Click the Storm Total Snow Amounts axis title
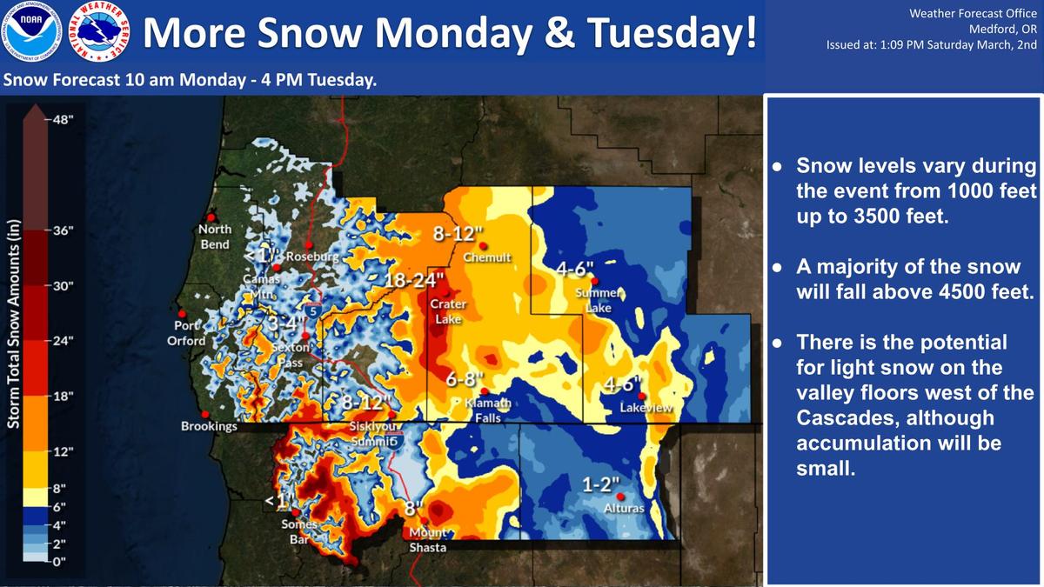[14, 324]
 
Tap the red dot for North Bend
[211, 217]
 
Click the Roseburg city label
[312, 257]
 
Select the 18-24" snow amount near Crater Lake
[414, 280]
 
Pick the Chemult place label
[487, 257]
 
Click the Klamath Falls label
[488, 410]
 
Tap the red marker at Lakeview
[642, 396]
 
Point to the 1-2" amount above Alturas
[601, 484]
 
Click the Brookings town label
[210, 426]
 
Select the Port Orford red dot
[182, 314]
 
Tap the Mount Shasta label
[428, 540]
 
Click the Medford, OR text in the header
[1003, 30]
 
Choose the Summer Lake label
[599, 301]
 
